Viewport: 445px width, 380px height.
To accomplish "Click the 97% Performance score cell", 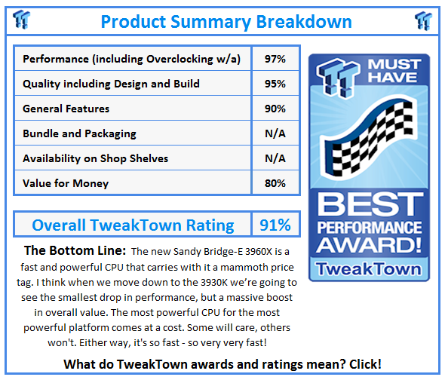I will click(275, 59).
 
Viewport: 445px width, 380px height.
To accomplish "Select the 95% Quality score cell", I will click(275, 84).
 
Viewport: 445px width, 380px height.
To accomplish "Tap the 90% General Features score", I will click(275, 109).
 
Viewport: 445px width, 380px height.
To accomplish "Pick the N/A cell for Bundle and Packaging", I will click(275, 133).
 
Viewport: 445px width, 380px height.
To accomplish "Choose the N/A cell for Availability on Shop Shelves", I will click(275, 158).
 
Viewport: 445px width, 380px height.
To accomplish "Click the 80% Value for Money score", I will click(275, 183).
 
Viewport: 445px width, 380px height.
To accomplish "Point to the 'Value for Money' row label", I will click(66, 183).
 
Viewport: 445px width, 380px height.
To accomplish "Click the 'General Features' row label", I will click(66, 109).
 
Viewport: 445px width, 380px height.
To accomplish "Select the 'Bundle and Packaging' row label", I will click(79, 133).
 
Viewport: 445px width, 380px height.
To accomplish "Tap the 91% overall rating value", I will click(275, 225).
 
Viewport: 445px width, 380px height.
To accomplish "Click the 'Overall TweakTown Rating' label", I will click(133, 225).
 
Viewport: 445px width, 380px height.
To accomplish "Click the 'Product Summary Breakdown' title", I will click(226, 20).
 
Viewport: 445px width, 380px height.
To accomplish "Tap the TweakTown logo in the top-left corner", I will click(23, 19).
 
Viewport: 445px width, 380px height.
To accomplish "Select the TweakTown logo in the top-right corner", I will click(424, 19).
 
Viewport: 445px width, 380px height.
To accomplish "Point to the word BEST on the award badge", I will click(370, 205).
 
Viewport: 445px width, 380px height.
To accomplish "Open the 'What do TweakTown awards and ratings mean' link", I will click(222, 364).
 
